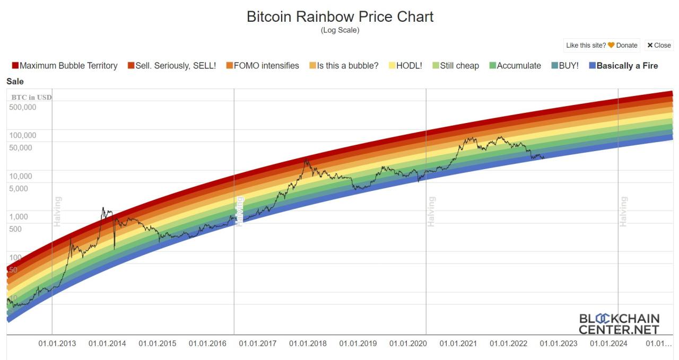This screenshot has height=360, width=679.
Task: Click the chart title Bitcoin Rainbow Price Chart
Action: [x=340, y=16]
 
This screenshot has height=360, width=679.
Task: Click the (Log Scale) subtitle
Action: [x=340, y=30]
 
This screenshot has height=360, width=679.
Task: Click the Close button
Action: [x=659, y=46]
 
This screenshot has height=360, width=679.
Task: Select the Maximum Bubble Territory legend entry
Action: [x=64, y=66]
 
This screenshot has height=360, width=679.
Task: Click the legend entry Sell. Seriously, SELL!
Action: [x=171, y=66]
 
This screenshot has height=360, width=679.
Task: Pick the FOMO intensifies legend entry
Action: [x=262, y=66]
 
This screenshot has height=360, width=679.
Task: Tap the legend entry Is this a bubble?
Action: [x=344, y=66]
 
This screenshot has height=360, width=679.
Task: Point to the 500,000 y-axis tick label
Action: [x=23, y=107]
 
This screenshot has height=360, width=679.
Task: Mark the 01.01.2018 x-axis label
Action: [x=308, y=344]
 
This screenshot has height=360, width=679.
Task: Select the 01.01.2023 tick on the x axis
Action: [x=559, y=344]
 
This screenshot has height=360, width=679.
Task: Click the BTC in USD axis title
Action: [x=31, y=97]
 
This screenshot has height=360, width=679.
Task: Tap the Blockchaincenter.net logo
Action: [x=619, y=324]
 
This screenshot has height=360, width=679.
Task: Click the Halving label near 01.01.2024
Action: [x=623, y=212]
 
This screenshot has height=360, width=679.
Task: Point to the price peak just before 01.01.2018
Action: [x=306, y=159]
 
